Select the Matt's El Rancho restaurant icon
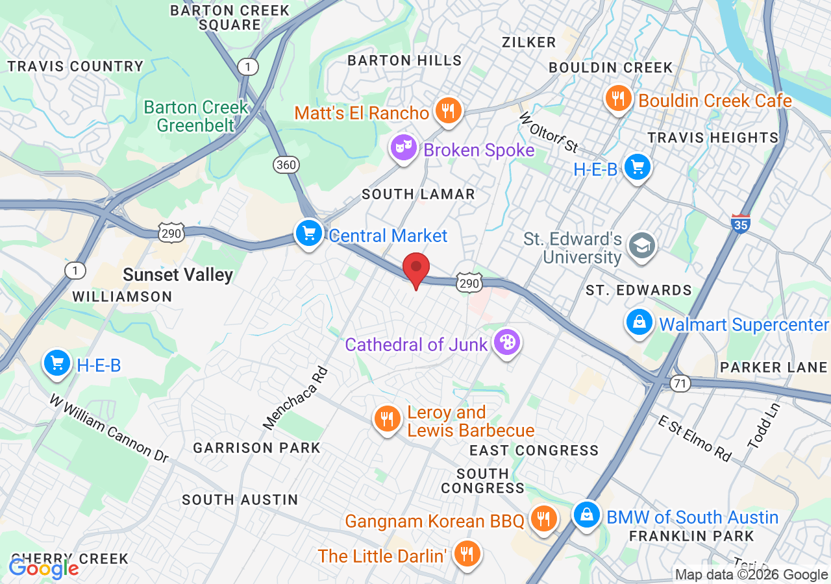point(447,111)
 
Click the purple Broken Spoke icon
point(403,149)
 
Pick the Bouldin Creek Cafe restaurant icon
point(618,99)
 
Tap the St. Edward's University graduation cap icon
point(642,245)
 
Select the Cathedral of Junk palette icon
point(506,342)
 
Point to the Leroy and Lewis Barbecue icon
point(388,419)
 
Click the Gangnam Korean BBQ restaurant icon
point(541,518)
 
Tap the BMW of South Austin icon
point(587,515)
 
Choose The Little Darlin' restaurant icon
point(465,554)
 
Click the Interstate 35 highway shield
point(740,223)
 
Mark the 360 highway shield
point(286,165)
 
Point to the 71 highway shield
point(680,383)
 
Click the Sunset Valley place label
point(178,275)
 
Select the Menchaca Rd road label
point(295,398)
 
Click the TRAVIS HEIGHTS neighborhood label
point(713,138)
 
